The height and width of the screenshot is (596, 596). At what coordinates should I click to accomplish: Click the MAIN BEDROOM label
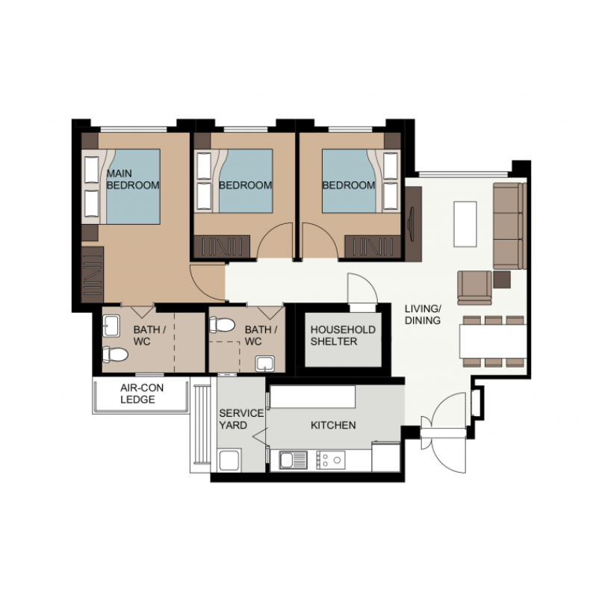point(133,179)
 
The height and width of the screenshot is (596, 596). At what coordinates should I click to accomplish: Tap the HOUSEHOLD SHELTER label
point(343,335)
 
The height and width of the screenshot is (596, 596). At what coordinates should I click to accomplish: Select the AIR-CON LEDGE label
point(142,394)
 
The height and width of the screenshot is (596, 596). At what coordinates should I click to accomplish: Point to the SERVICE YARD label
point(241,419)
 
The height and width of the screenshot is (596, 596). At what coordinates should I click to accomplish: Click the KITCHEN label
point(333,425)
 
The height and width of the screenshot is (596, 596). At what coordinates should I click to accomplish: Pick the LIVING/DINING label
point(423,314)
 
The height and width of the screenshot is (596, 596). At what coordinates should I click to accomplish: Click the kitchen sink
point(293,460)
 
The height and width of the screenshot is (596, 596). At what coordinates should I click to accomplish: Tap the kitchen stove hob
point(331,460)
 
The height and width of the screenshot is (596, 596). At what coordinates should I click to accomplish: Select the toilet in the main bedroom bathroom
point(115,355)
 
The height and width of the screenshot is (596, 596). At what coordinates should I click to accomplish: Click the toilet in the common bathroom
point(222,324)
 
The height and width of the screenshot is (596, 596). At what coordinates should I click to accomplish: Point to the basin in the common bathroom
point(265,364)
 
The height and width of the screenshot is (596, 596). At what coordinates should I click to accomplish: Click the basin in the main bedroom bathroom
point(111,326)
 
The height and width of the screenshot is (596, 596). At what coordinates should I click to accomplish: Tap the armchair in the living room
point(474,288)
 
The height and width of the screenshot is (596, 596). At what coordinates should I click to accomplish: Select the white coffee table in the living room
point(465,224)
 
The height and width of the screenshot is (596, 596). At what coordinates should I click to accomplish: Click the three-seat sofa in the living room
point(509,226)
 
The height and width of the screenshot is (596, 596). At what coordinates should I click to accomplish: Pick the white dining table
point(493,341)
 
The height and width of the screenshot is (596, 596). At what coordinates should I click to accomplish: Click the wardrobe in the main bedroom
point(93,274)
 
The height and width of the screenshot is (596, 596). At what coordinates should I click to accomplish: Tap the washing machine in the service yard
point(229,460)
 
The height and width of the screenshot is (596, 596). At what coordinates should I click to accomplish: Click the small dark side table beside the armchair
point(502,279)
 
